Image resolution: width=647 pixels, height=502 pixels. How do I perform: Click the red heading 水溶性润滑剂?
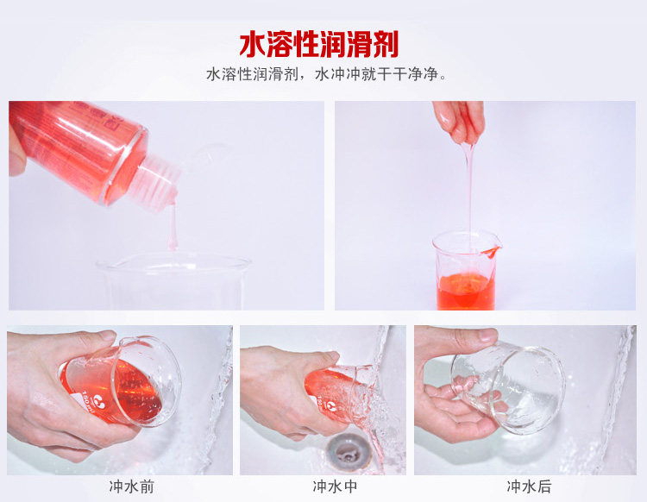(x=319, y=44)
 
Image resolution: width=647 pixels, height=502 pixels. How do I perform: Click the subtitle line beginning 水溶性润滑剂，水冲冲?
(x=327, y=74)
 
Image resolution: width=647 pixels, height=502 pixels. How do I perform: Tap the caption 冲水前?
(x=132, y=486)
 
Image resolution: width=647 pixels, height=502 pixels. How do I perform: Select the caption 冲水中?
(x=335, y=486)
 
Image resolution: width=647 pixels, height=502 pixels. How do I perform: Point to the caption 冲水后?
(x=529, y=486)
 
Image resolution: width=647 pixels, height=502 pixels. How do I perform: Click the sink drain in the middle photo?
(x=346, y=452)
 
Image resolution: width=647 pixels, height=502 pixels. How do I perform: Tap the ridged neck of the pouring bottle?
(x=158, y=181)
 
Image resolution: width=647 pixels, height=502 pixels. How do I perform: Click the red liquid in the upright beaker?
(x=466, y=291)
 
